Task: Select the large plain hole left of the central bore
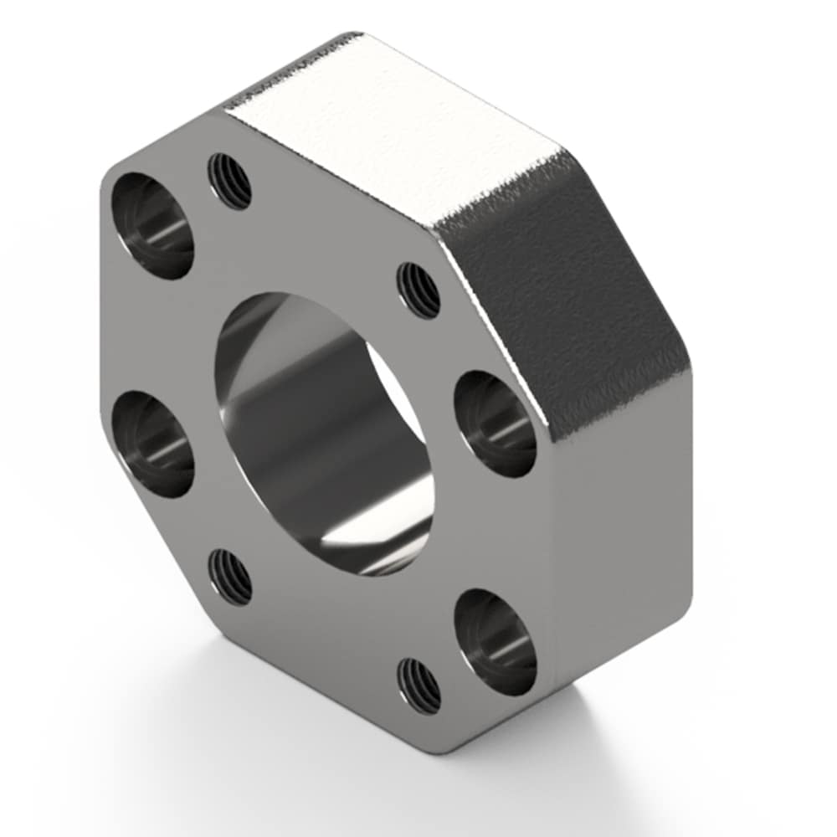point(153,444)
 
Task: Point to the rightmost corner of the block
point(691,368)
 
